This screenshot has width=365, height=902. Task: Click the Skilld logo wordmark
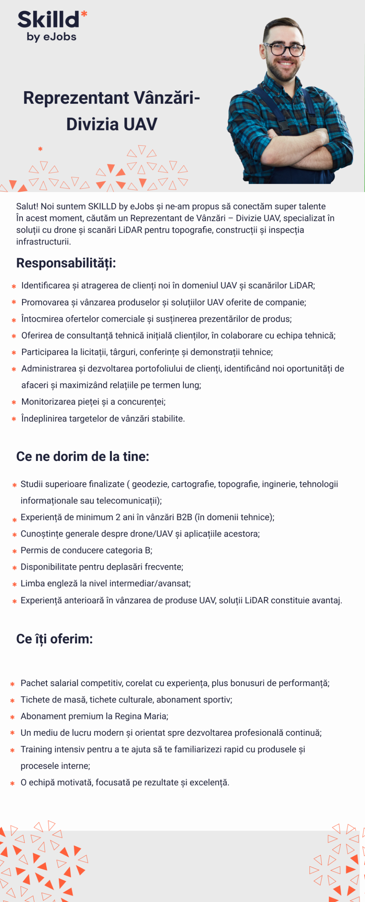(48, 20)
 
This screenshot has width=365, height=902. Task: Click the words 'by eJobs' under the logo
(51, 37)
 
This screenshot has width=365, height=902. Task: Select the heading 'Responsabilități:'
(66, 263)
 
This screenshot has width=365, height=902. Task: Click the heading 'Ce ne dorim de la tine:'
(83, 456)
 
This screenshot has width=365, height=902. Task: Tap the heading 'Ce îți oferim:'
(54, 639)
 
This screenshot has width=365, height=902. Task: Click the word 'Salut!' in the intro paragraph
(27, 206)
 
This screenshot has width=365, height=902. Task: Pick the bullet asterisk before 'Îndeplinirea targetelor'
(14, 419)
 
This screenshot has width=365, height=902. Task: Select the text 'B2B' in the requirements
(184, 517)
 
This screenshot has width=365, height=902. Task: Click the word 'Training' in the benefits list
(36, 750)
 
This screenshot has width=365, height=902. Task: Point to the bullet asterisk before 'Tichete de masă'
(13, 700)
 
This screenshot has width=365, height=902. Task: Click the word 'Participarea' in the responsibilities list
(45, 352)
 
